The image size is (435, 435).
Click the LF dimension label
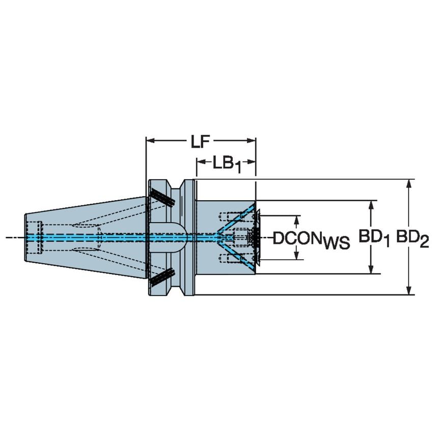click(200, 141)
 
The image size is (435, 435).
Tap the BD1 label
click(374, 237)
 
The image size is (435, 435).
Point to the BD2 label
click(413, 237)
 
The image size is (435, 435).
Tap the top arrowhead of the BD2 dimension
click(409, 183)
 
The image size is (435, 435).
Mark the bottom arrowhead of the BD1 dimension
click(371, 269)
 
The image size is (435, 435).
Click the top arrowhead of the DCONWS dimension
click(297, 219)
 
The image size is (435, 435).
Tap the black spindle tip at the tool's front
click(254, 237)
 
